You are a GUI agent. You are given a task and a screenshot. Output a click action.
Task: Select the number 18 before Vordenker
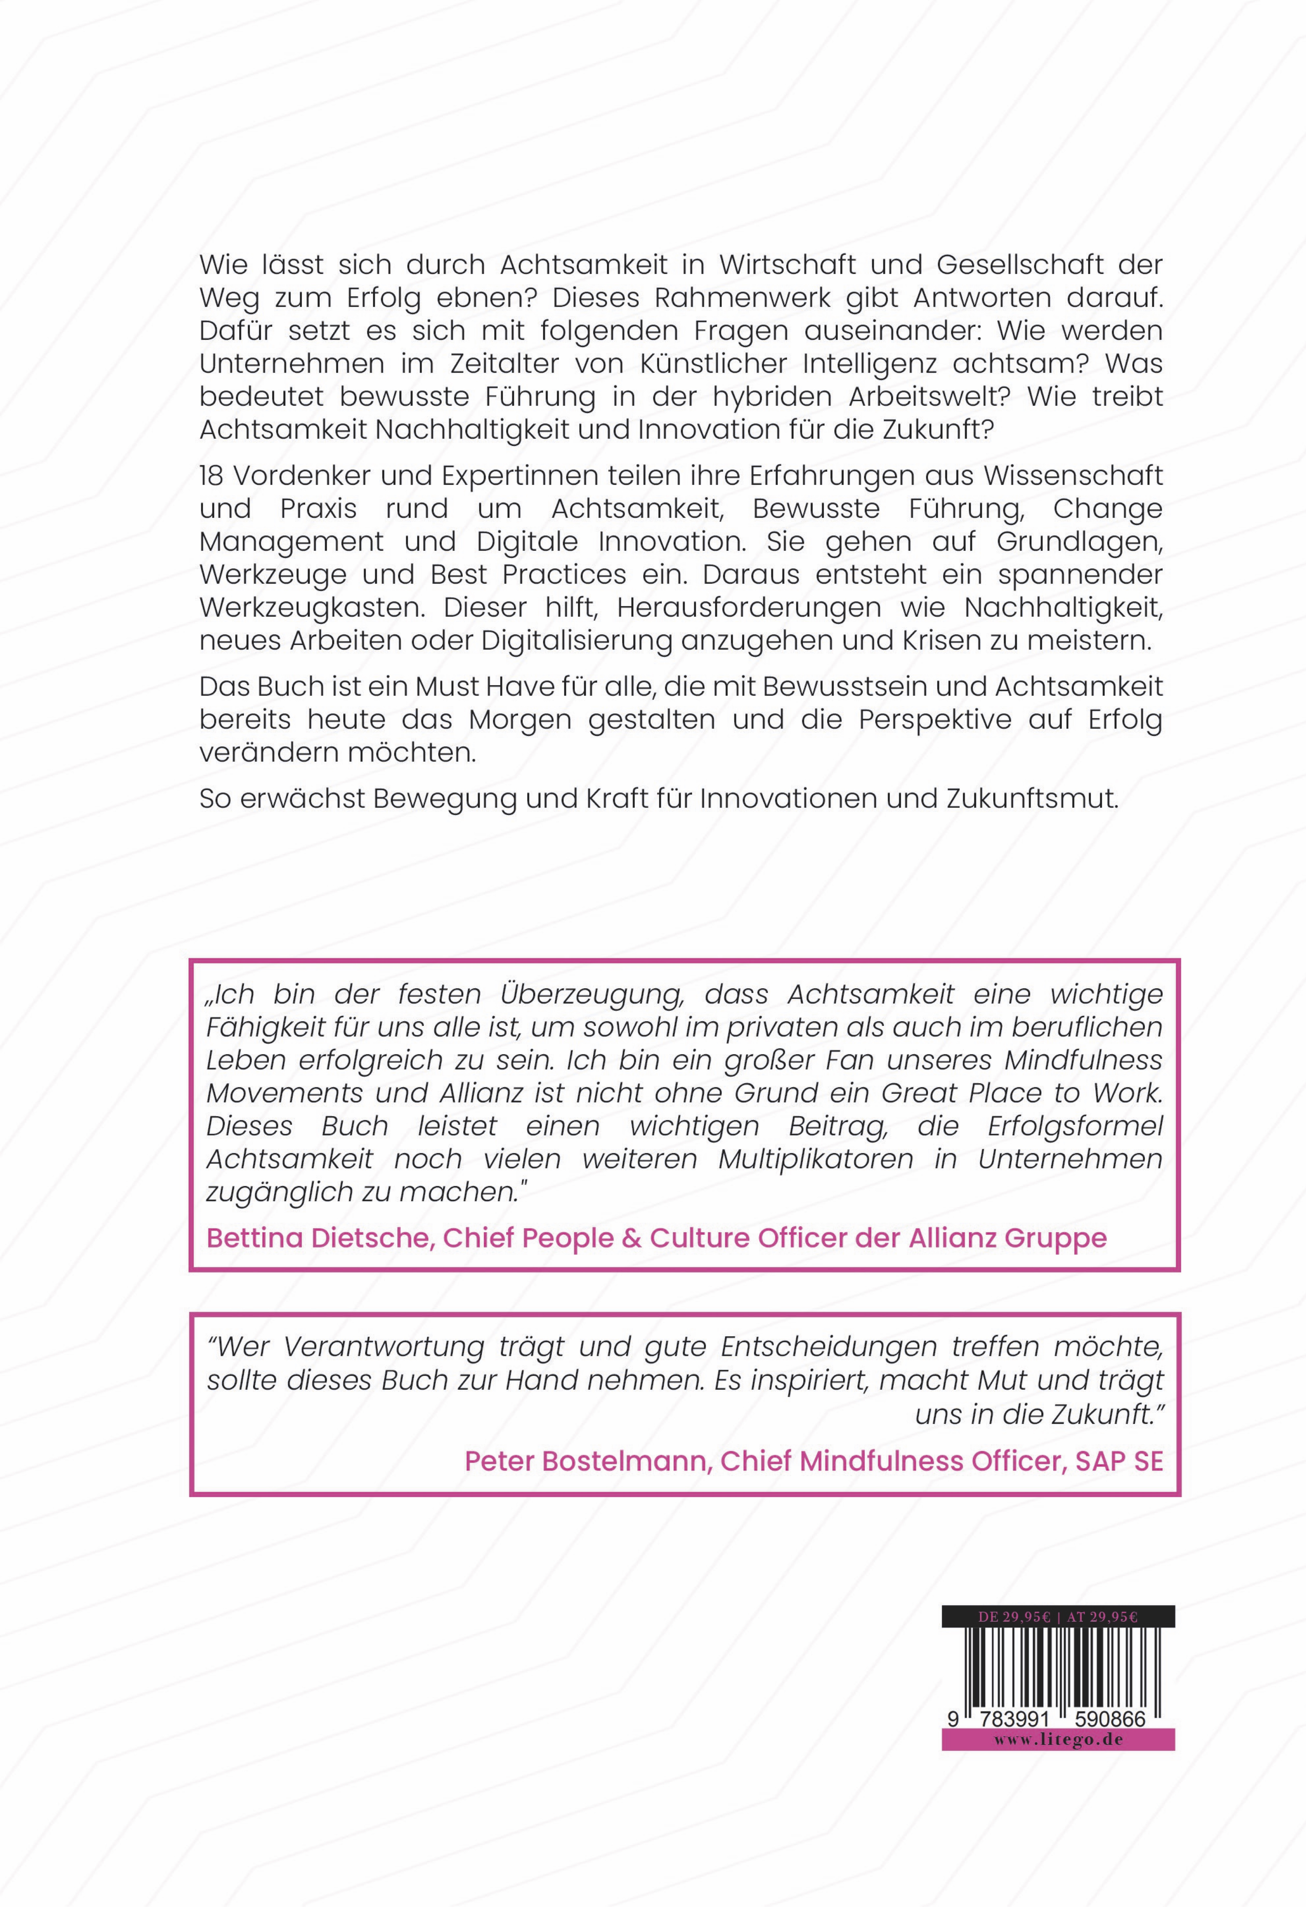[211, 476]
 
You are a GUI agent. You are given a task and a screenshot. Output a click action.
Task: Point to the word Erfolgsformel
[1075, 1126]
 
